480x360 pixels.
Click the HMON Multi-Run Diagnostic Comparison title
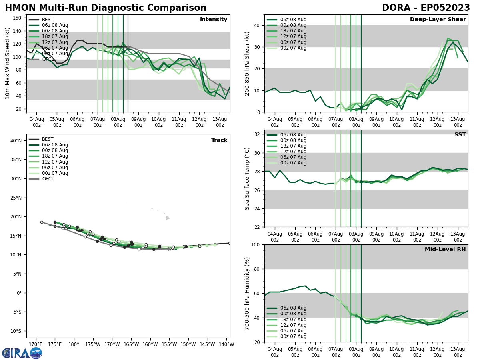coord(106,8)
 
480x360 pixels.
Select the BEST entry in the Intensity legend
coord(48,20)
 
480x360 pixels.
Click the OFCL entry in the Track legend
coord(48,179)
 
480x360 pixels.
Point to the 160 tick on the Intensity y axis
coord(18,18)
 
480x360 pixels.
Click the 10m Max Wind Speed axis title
coord(8,63)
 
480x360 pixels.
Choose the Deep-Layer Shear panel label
coord(438,20)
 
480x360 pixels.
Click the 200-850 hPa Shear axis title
coord(247,63)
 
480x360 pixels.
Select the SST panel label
coord(460,135)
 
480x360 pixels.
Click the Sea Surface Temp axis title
coord(247,178)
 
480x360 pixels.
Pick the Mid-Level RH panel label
coord(445,250)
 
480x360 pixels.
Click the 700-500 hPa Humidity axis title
coord(247,293)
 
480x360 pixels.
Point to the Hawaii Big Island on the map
coord(167,218)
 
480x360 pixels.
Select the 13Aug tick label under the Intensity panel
coord(220,122)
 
